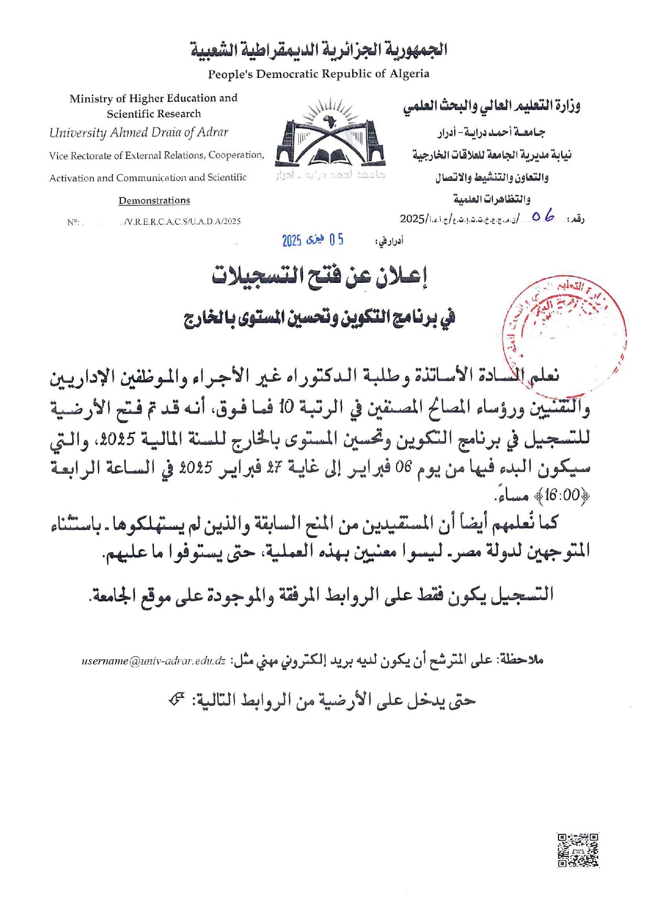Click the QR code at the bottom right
click(578, 851)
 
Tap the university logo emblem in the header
click(330, 137)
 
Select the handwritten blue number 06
click(543, 216)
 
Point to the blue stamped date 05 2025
click(313, 240)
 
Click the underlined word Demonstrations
click(154, 200)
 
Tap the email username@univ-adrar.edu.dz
click(153, 661)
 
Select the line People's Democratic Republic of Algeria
click(318, 74)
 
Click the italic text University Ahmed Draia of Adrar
click(139, 133)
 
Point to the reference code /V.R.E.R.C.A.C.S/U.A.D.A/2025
click(181, 222)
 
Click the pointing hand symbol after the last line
click(177, 699)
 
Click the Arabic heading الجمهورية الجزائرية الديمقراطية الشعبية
click(319, 50)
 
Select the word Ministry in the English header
click(91, 99)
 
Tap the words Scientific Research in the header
click(154, 114)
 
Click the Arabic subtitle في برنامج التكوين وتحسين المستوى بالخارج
click(319, 317)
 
